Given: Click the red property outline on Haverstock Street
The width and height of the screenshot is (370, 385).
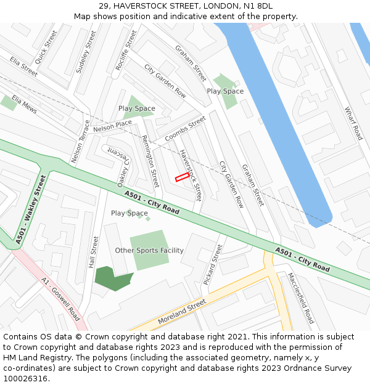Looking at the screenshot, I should [x=182, y=177].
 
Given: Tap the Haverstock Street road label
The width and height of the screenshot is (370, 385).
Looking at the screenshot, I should [x=191, y=175].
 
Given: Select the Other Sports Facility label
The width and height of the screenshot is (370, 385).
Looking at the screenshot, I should [x=149, y=251].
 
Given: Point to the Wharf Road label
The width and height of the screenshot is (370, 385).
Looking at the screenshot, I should [x=353, y=123].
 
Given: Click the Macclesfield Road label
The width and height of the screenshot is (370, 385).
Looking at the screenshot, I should [x=301, y=298].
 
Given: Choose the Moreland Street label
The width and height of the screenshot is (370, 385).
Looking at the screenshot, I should [x=181, y=312].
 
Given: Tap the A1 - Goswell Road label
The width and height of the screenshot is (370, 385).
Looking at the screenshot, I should [x=60, y=299].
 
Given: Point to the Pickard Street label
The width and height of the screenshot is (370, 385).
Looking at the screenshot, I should [x=213, y=264].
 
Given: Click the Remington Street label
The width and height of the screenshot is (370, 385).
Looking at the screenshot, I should [x=150, y=161].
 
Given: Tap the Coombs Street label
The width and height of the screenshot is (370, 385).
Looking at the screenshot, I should [x=185, y=129].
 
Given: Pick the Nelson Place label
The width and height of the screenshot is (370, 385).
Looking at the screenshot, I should [x=112, y=126].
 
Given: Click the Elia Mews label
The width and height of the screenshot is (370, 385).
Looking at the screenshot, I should [x=25, y=106].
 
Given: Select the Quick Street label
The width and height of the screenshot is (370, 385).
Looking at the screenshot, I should [x=46, y=47].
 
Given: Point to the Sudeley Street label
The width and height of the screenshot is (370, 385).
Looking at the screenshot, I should [x=86, y=52].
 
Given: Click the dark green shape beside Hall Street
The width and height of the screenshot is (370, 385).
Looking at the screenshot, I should [x=112, y=278].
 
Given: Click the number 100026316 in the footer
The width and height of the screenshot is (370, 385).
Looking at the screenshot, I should [x=26, y=378].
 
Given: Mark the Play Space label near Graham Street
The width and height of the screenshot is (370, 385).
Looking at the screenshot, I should [x=225, y=91].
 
